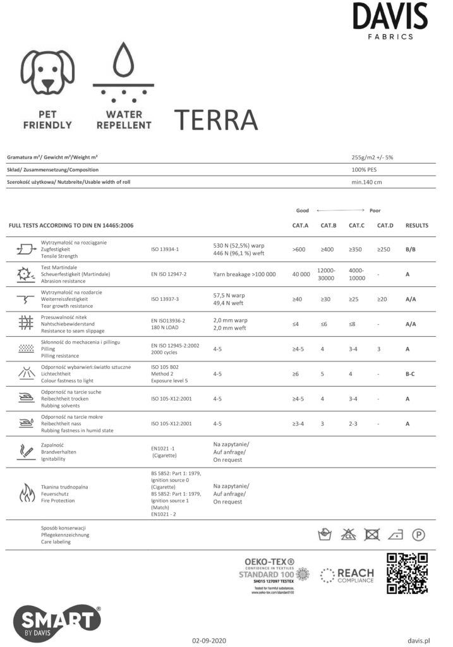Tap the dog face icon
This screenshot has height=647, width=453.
click(48, 75)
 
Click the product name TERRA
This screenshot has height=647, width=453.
click(215, 118)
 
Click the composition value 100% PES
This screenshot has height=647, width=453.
click(365, 170)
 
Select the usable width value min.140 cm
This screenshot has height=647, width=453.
click(366, 183)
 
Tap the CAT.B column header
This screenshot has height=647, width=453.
click(329, 226)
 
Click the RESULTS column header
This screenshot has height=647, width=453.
click(416, 226)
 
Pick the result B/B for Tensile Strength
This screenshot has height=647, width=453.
click(410, 250)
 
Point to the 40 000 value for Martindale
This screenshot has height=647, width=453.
click(301, 274)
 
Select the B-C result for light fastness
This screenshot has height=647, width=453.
click(410, 374)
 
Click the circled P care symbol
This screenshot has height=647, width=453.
click(418, 535)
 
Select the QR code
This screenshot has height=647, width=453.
click(408, 572)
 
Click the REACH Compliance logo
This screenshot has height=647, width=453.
click(347, 575)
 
